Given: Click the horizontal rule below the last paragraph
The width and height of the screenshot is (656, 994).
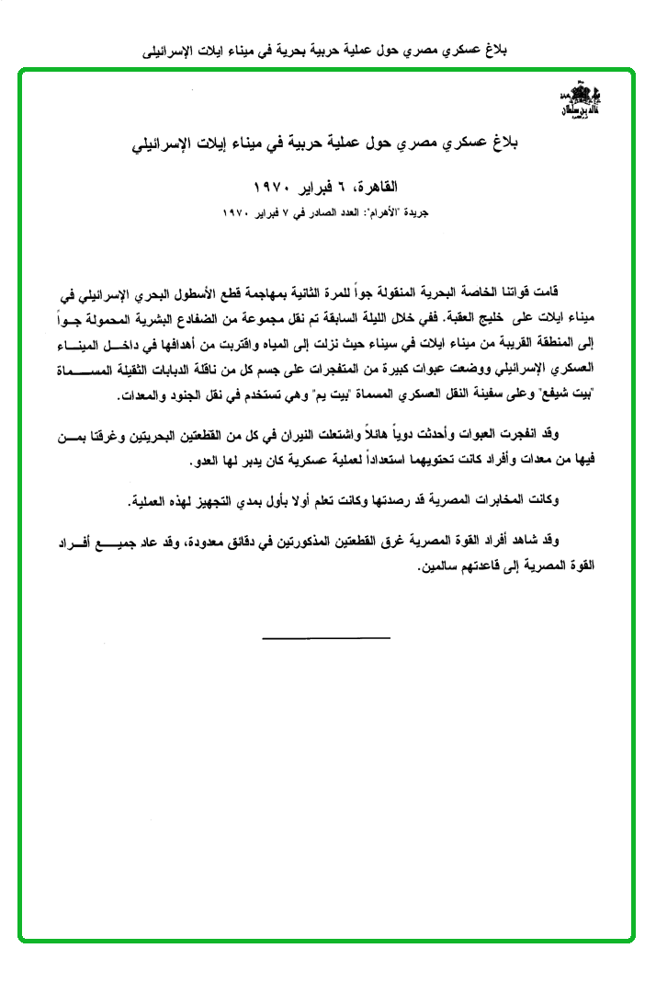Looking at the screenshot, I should tap(326, 637).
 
